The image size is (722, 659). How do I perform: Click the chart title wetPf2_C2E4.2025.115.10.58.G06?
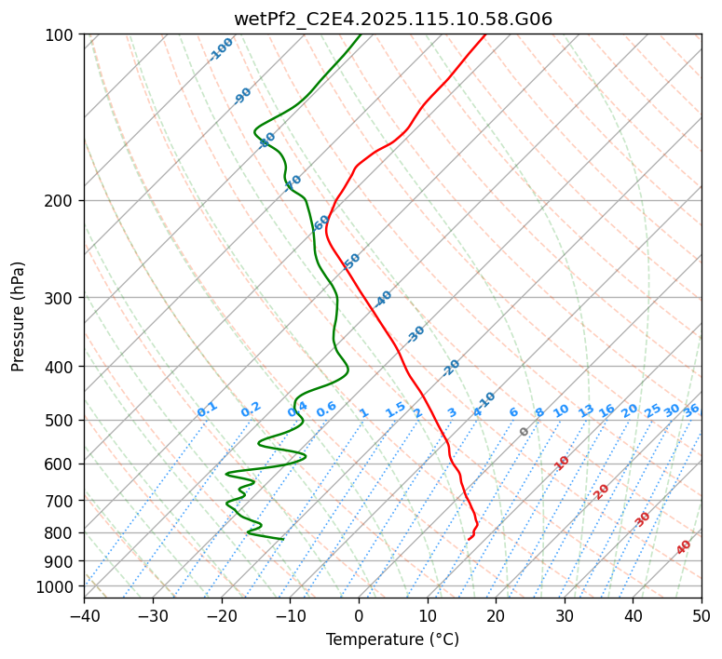[392, 19]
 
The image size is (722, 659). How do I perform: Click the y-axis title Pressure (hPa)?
[19, 316]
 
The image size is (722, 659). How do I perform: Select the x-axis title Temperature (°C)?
[392, 639]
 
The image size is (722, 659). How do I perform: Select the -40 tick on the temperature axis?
[84, 616]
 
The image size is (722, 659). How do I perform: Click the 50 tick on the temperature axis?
[702, 616]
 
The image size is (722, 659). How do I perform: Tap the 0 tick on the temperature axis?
[359, 616]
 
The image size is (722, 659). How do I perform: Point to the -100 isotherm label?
[221, 48]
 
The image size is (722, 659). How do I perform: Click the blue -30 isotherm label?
[415, 333]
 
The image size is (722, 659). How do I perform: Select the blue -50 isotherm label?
[351, 261]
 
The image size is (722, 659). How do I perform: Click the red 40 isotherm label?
[684, 547]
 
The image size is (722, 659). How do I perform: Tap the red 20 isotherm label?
[601, 491]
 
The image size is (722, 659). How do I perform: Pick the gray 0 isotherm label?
[524, 432]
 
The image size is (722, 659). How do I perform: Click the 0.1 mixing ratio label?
[207, 409]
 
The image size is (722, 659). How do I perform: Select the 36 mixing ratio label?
[691, 410]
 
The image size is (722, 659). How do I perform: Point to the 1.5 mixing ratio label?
[395, 409]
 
